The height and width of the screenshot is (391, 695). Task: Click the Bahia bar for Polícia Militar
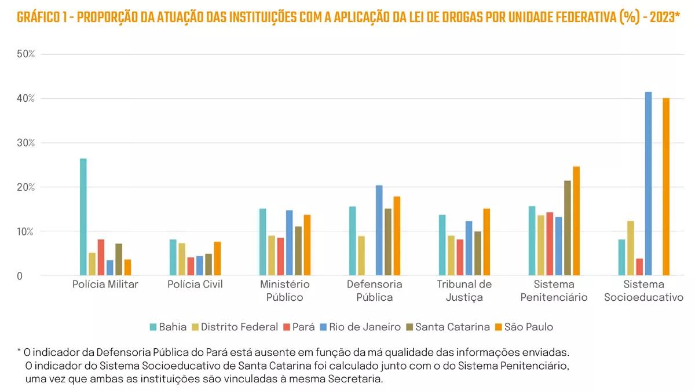point(83,217)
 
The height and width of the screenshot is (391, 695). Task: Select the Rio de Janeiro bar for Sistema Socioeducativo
point(648,184)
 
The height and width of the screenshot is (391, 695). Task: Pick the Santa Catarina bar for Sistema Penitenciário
point(568,228)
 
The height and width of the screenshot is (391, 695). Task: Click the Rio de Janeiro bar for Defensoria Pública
point(379,230)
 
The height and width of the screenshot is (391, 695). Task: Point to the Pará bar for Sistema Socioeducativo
point(639,267)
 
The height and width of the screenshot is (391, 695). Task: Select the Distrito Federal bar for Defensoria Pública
point(361,256)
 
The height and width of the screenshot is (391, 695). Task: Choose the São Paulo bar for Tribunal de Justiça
point(487,242)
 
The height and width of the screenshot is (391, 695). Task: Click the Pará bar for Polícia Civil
point(191,266)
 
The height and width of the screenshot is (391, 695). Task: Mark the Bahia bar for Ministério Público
point(262,242)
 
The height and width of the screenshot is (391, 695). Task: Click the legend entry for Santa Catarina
point(447,327)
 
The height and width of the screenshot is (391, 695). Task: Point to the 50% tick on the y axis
point(26,54)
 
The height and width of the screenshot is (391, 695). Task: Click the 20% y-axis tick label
point(26,187)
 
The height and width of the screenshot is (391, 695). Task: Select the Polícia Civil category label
point(195,284)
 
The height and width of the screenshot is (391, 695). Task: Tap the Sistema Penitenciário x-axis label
point(554,290)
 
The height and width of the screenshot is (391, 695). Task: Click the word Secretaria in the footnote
point(354,379)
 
